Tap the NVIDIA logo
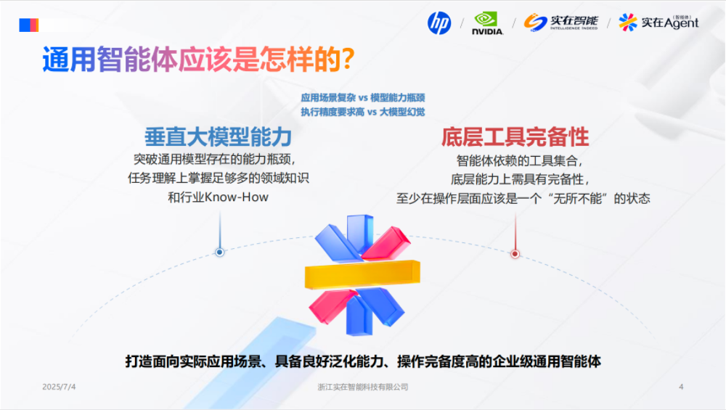tap(487, 23)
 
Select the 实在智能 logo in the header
tap(561, 22)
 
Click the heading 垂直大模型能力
tap(218, 136)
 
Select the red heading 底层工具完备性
tap(515, 136)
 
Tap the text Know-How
tap(237, 197)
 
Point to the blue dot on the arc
tap(219, 253)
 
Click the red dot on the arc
tap(515, 254)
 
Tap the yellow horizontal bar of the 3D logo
tap(362, 274)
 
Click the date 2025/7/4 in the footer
tap(59, 387)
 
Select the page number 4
tap(680, 387)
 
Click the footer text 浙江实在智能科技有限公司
tap(363, 388)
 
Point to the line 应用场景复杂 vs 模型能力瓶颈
tap(362, 97)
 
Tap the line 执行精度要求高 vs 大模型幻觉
tap(362, 112)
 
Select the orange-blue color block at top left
tap(28, 25)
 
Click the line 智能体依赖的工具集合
tap(520, 160)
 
